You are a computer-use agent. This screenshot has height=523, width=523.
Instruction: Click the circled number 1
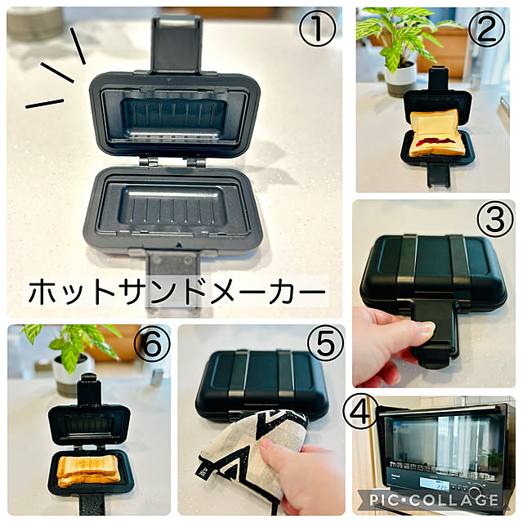click(x=317, y=29)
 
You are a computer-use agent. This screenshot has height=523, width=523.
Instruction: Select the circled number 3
click(x=495, y=219)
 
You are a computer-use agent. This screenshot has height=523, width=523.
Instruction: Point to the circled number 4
click(x=360, y=411)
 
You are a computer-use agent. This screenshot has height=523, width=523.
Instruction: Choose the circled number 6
click(x=152, y=344)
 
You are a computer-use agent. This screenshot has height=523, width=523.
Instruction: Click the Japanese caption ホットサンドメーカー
click(x=177, y=292)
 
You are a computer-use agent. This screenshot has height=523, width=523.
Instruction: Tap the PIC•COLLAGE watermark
click(x=434, y=500)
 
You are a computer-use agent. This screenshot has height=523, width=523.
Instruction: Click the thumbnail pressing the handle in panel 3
click(x=428, y=327)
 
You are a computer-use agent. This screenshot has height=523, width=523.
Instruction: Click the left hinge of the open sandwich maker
click(x=148, y=163)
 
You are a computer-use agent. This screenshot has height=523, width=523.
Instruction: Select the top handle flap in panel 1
click(x=177, y=43)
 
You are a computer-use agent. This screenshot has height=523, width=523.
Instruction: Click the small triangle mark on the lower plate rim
click(x=179, y=244)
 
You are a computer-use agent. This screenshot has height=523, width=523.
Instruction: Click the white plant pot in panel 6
click(x=73, y=374)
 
